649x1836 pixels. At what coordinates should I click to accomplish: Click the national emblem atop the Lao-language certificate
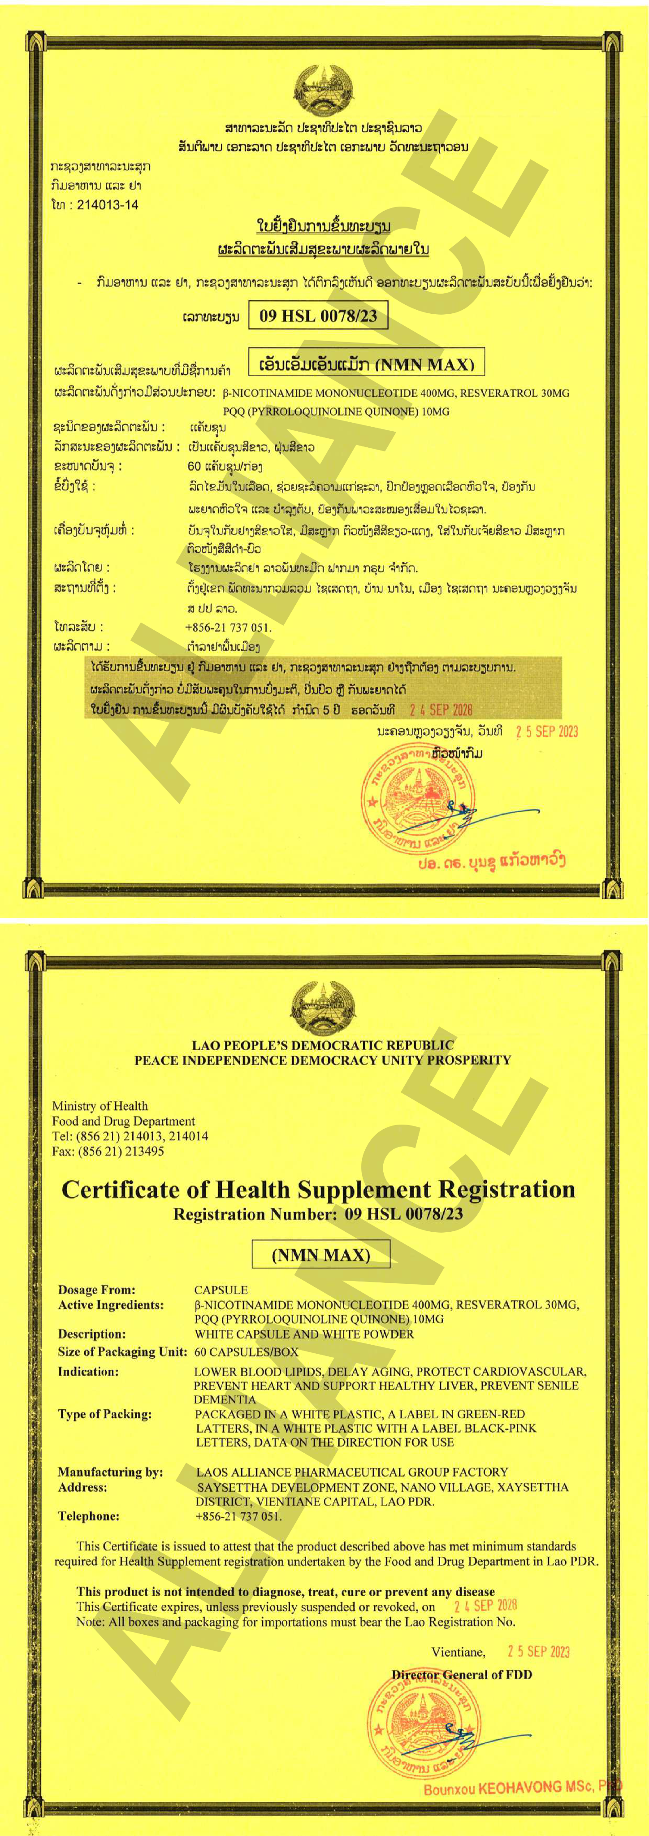pyautogui.click(x=324, y=90)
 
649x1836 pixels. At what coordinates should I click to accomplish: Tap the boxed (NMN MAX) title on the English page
pyautogui.click(x=321, y=1255)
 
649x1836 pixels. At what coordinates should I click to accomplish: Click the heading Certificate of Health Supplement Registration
pyautogui.click(x=318, y=1190)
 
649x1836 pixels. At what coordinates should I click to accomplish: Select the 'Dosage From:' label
pyautogui.click(x=96, y=1289)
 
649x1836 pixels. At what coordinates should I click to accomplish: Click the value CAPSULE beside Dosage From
pyautogui.click(x=221, y=1289)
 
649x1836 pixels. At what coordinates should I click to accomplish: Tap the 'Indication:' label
pyautogui.click(x=88, y=1371)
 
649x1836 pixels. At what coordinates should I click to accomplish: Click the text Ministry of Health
pyautogui.click(x=100, y=1105)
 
